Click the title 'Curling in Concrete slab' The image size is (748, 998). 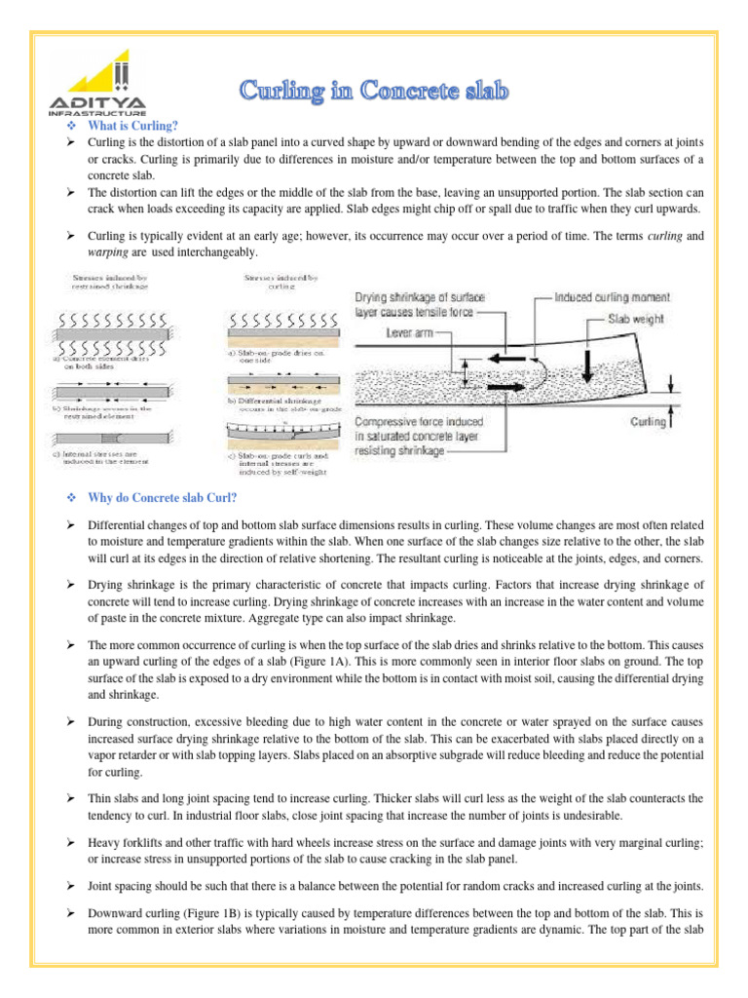tap(375, 93)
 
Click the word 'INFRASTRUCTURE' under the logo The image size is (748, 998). tap(91, 111)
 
